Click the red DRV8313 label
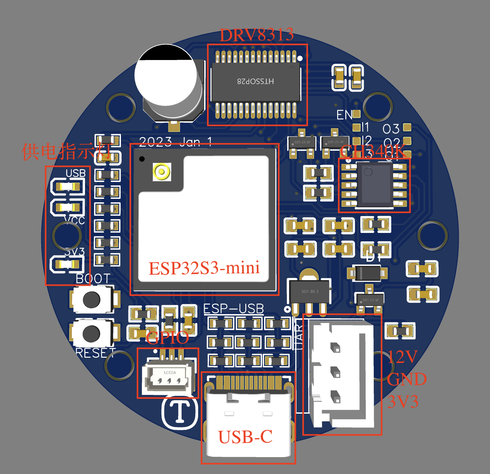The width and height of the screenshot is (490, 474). (257, 35)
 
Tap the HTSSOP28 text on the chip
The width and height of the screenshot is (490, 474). (256, 81)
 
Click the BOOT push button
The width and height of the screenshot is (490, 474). (92, 300)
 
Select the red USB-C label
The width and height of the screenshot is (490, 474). (245, 437)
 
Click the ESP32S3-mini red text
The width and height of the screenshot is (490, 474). (204, 268)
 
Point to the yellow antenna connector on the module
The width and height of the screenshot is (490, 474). (162, 172)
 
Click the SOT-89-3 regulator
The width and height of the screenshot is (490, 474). (310, 291)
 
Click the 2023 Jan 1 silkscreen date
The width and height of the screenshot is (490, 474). (175, 142)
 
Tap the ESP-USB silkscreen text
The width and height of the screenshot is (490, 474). (233, 309)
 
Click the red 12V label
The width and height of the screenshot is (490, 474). (402, 357)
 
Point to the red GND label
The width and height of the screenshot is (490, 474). (406, 379)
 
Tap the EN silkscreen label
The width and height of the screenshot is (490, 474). (344, 115)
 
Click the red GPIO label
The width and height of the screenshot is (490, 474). (167, 338)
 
